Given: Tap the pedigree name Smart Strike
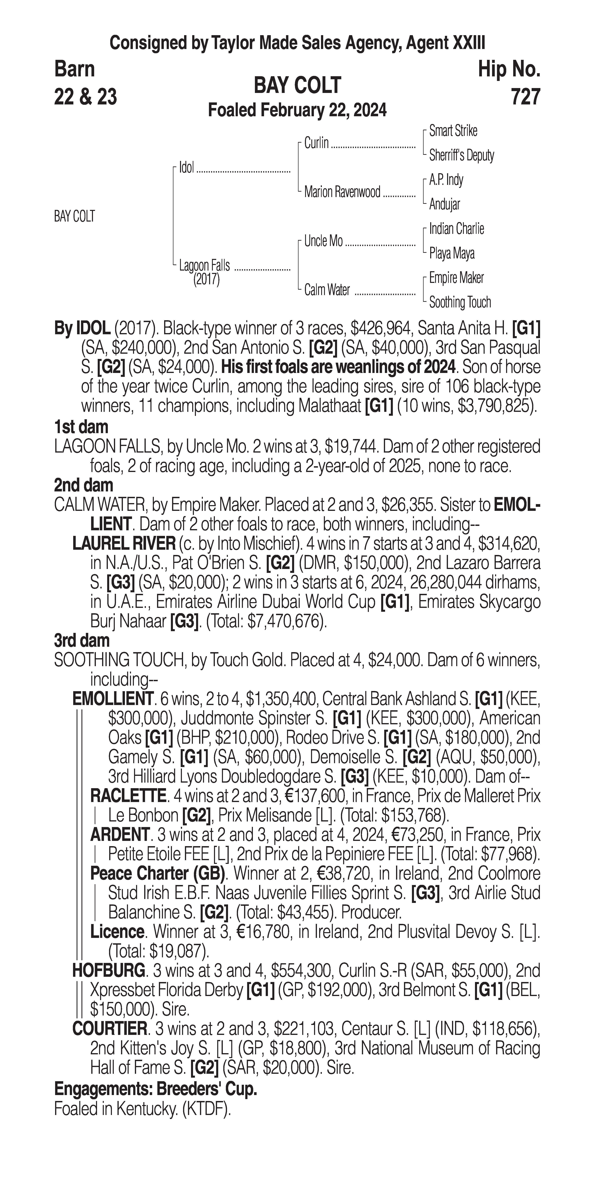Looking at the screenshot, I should coord(453,131).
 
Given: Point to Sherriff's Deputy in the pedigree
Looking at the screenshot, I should coord(461,155).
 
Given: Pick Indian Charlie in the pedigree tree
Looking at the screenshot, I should coord(456,229).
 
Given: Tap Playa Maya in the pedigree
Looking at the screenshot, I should coord(451,253).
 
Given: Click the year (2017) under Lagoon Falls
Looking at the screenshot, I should coord(206,280).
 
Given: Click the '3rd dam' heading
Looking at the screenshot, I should coord(82,641).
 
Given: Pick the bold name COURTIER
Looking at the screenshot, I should coord(109,1029).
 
